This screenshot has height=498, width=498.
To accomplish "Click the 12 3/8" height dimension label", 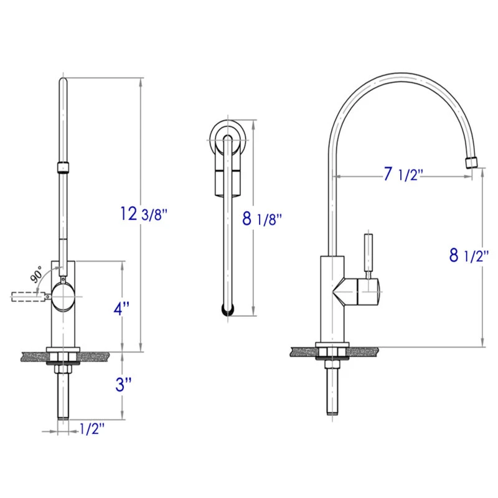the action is pos(144,214).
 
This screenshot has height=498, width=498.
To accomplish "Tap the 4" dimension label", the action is pos(121,308).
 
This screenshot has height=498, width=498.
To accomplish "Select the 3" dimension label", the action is pos(123,384).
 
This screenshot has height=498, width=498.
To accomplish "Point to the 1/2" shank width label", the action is pos(92,429).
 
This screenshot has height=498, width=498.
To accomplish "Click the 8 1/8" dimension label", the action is pos(262,218).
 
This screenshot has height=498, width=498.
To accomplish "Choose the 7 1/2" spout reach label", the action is pos(403,174).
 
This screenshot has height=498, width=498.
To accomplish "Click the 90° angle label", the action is pos(36,275).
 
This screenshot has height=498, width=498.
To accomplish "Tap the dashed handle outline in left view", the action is pos(28,297).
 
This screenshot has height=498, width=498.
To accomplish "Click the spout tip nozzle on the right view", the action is pos(472,162).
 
